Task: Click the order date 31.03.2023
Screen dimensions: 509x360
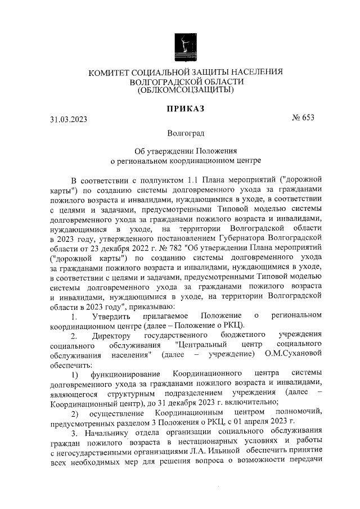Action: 69,119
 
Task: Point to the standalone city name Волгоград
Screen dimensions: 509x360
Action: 186,133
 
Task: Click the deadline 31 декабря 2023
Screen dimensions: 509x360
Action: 187,402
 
